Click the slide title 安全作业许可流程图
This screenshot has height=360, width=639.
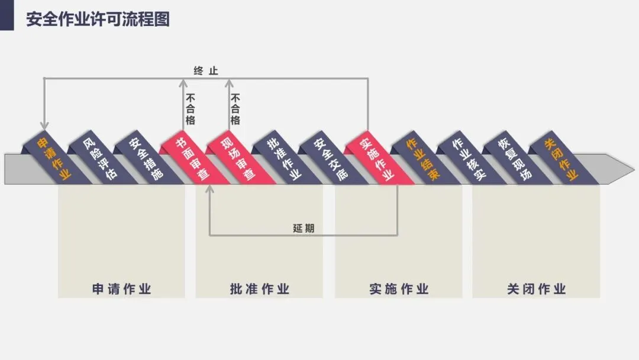pyautogui.click(x=98, y=19)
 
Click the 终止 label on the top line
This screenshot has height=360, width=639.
pyautogui.click(x=206, y=71)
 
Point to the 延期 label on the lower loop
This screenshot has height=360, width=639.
pyautogui.click(x=304, y=228)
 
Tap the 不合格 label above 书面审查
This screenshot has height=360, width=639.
pyautogui.click(x=191, y=109)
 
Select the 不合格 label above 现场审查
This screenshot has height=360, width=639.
pyautogui.click(x=235, y=109)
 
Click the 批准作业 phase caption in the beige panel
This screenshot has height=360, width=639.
pyautogui.click(x=260, y=289)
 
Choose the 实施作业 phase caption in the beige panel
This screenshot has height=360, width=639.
pyautogui.click(x=399, y=289)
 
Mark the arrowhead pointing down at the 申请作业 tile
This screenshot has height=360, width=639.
pyautogui.click(x=44, y=125)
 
